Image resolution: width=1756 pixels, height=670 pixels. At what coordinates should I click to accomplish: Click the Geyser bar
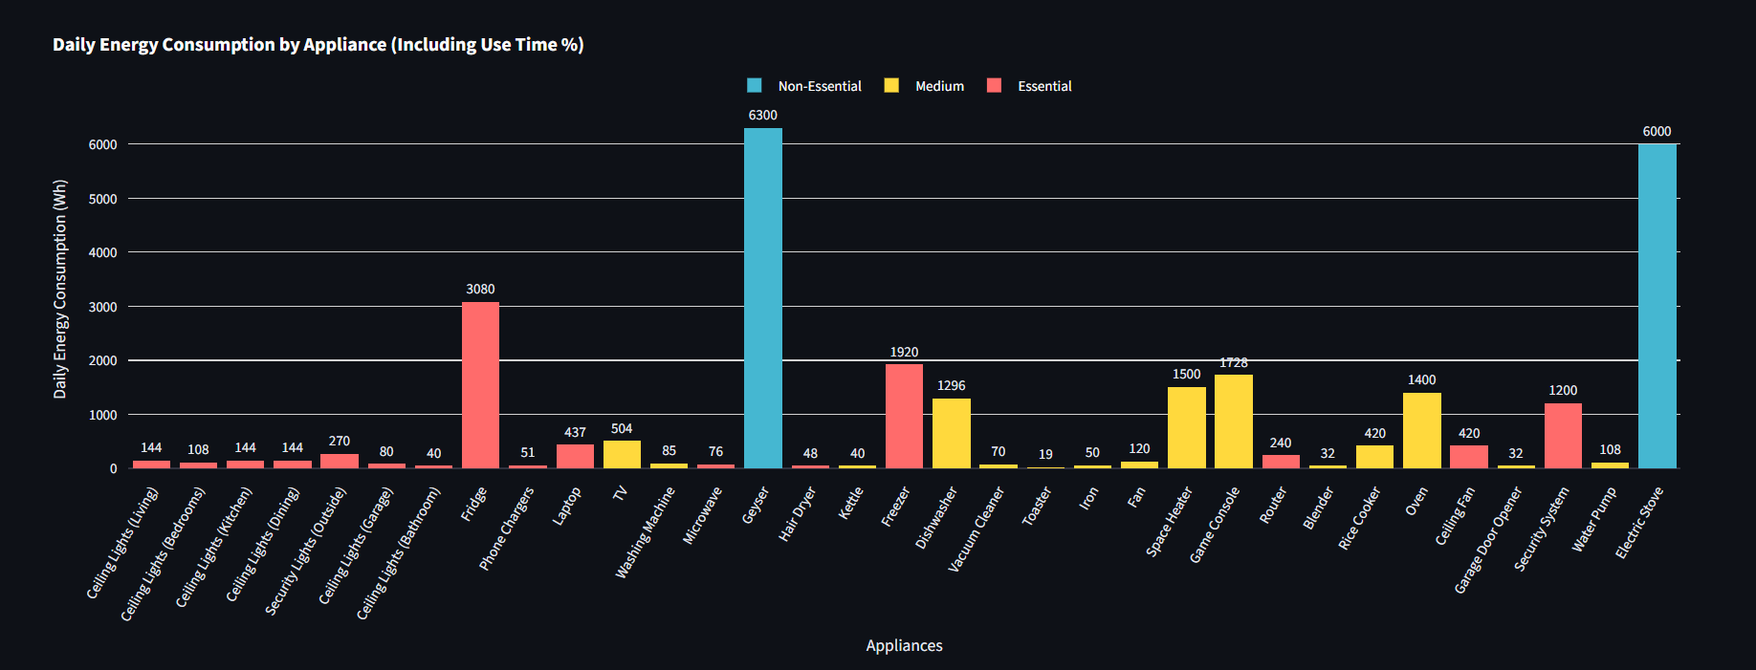point(762,298)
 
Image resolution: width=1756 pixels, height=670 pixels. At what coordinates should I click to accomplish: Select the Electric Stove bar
point(1657,306)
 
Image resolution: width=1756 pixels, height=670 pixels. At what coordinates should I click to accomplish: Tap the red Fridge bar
point(480,385)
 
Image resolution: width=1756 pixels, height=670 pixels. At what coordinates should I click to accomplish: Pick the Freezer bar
point(904,416)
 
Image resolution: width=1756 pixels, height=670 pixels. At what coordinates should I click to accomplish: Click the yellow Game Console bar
point(1233,421)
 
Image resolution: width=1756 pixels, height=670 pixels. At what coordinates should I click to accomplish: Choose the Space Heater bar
point(1186,427)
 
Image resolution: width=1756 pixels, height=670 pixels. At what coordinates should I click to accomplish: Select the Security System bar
point(1563,436)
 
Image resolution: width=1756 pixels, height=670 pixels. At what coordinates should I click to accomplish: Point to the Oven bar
point(1421,430)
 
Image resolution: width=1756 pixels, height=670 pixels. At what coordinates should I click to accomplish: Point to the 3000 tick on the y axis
point(103,307)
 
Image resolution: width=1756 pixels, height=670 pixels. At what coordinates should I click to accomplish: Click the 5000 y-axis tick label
point(103,199)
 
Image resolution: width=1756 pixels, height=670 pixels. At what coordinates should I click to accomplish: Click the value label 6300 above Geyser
point(762,115)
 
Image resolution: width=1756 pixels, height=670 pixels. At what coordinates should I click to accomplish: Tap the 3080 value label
point(480,289)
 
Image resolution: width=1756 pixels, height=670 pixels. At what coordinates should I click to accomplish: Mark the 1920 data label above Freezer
point(904,352)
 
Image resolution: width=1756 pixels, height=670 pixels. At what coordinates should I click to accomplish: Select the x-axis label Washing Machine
point(645,532)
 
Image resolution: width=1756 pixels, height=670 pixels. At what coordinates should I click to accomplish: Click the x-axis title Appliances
point(904,645)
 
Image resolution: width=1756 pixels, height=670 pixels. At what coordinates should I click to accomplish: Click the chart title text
point(318,44)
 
